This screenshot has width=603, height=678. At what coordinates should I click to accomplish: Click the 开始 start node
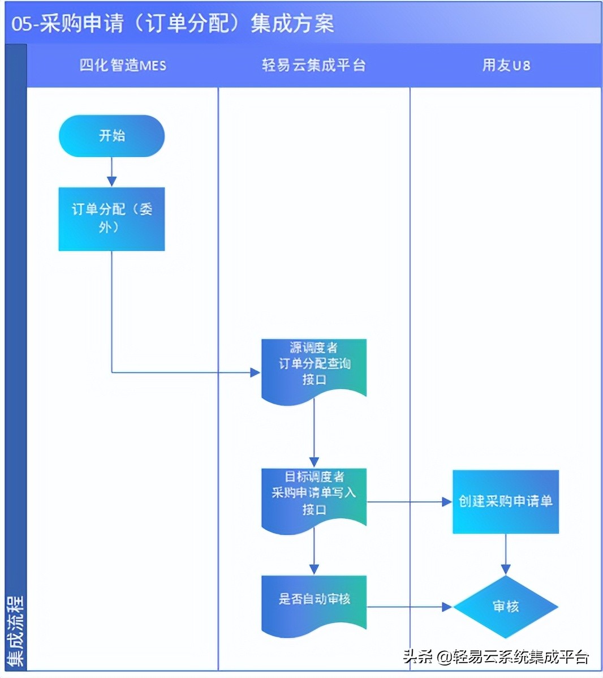click(x=111, y=136)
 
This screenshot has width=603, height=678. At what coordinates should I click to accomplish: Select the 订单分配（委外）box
click(x=111, y=218)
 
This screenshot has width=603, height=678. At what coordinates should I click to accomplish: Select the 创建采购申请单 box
click(x=505, y=501)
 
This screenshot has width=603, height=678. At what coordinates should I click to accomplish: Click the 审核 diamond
click(x=505, y=607)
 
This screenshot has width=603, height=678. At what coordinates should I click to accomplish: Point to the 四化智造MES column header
click(x=123, y=66)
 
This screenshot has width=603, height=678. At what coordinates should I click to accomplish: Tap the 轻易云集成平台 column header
click(x=314, y=66)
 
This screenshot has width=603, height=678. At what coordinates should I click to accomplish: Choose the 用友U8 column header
click(x=506, y=66)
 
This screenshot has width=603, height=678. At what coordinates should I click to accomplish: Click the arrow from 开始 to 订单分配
click(x=111, y=172)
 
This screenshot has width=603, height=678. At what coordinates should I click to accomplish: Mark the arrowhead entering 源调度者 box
click(x=255, y=372)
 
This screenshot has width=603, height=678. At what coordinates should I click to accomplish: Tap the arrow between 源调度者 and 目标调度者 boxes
click(x=314, y=434)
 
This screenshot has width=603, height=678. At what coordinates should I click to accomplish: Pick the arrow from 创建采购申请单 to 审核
click(x=506, y=555)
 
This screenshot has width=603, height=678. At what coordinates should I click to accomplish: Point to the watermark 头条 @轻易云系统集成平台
click(x=496, y=656)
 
